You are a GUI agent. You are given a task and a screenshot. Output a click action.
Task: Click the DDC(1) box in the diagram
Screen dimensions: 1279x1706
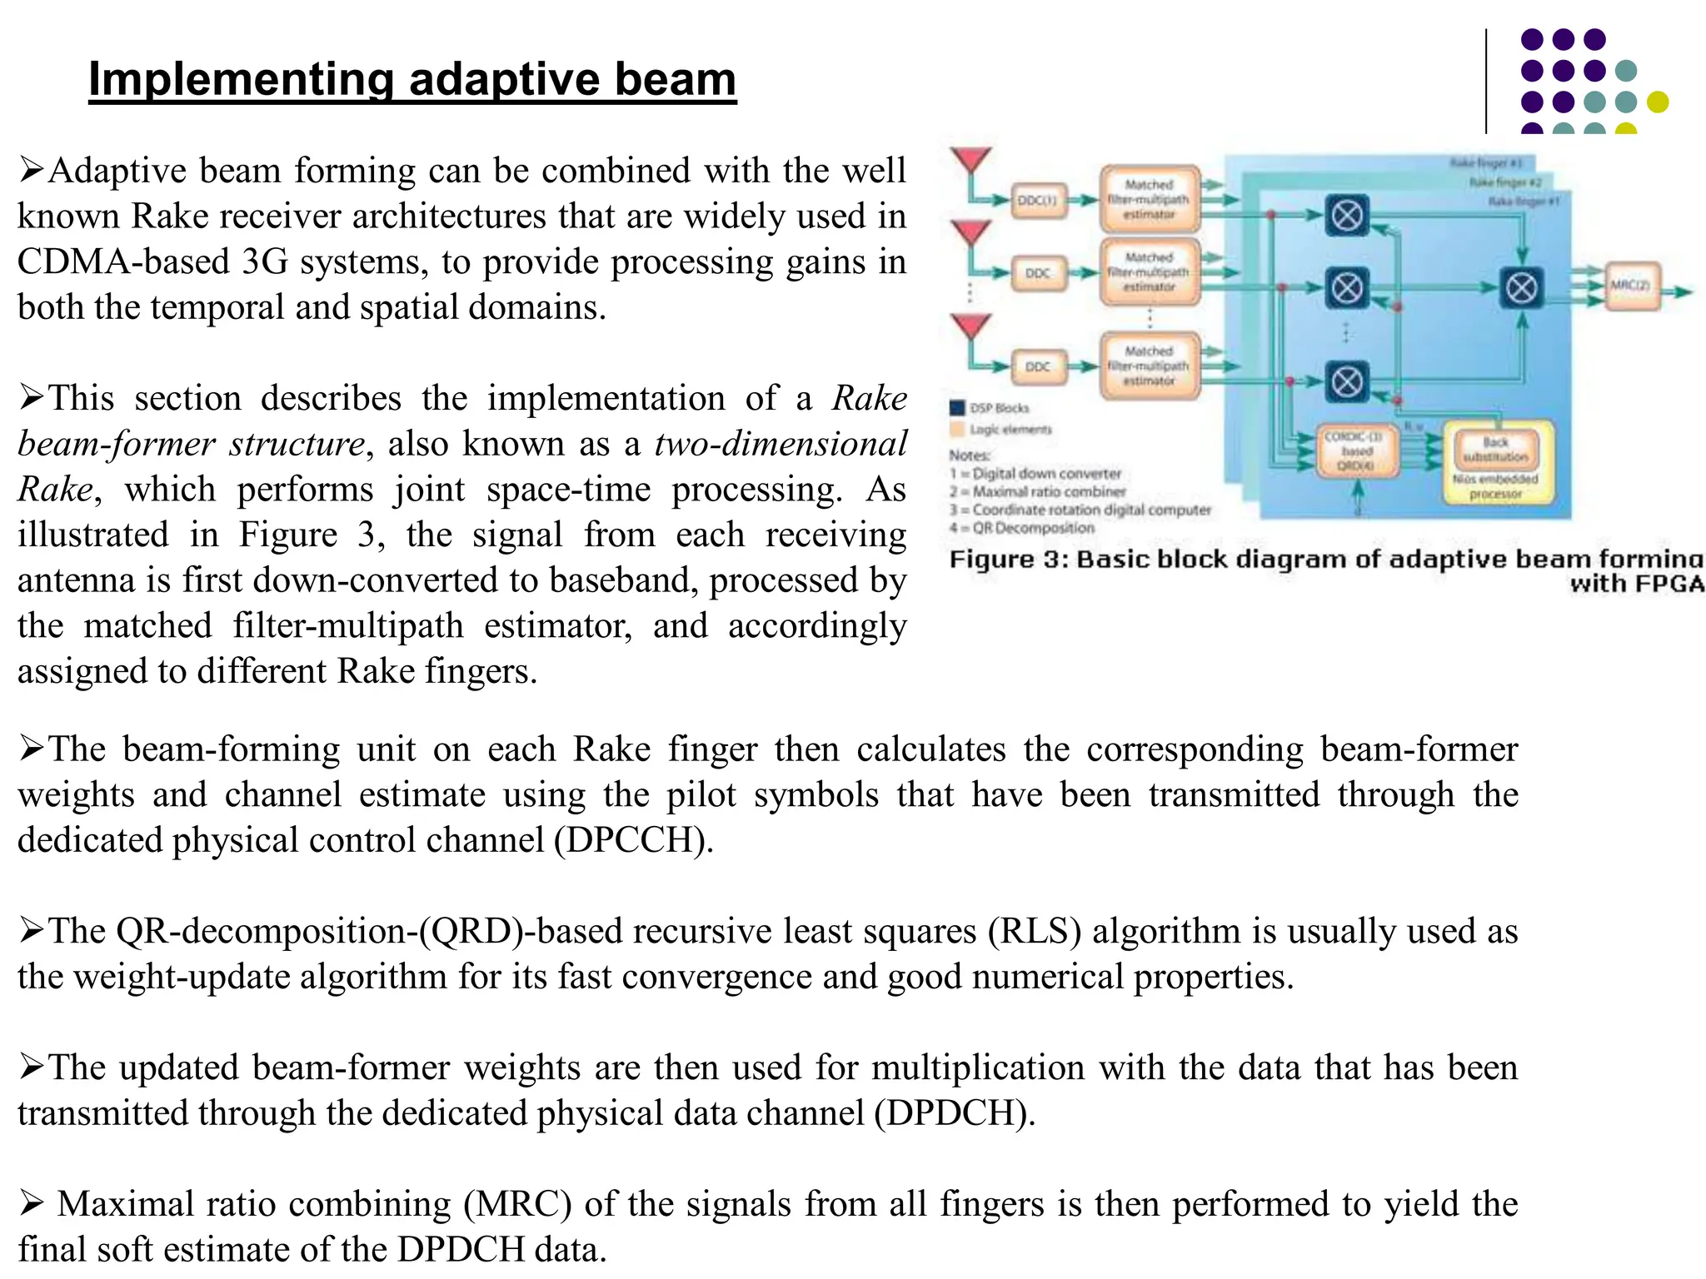(1038, 200)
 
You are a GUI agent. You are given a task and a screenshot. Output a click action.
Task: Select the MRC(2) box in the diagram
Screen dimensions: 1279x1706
(1631, 286)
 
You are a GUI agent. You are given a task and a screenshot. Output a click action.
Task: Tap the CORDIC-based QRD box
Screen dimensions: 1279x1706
(1356, 450)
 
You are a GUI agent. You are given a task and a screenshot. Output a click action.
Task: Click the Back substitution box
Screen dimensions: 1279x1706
(1496, 450)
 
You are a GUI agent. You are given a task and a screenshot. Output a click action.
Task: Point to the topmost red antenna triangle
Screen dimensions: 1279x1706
(971, 159)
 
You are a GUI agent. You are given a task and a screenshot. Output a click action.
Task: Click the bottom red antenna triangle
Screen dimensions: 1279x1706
(971, 326)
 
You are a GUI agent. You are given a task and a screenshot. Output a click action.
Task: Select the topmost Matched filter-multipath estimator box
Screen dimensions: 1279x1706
(1150, 199)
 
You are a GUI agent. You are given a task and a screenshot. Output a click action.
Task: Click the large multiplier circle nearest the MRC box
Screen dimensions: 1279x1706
(1522, 288)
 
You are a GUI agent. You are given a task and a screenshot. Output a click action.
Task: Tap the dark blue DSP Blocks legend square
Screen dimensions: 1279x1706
(957, 407)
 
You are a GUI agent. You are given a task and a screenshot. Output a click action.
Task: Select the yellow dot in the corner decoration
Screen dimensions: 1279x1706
(1658, 102)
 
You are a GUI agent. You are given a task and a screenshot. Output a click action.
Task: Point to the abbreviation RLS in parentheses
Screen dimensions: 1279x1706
(1035, 931)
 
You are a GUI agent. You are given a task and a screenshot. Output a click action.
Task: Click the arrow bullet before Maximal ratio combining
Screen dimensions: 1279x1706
(32, 1202)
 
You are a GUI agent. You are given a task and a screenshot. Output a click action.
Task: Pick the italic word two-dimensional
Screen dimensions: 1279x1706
(781, 444)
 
